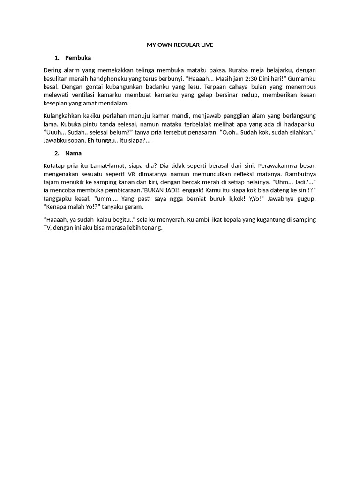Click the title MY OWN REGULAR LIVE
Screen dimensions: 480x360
pyautogui.click(x=180, y=45)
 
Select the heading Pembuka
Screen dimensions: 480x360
pyautogui.click(x=78, y=58)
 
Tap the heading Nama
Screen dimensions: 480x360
pyautogui.click(x=73, y=153)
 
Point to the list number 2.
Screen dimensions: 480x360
pyautogui.click(x=56, y=153)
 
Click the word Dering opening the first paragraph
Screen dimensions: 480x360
pyautogui.click(x=52, y=70)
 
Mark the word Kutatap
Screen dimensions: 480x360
pyautogui.click(x=54, y=165)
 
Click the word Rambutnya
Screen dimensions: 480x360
pyautogui.click(x=301, y=174)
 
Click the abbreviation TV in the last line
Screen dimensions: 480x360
pyautogui.click(x=47, y=228)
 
